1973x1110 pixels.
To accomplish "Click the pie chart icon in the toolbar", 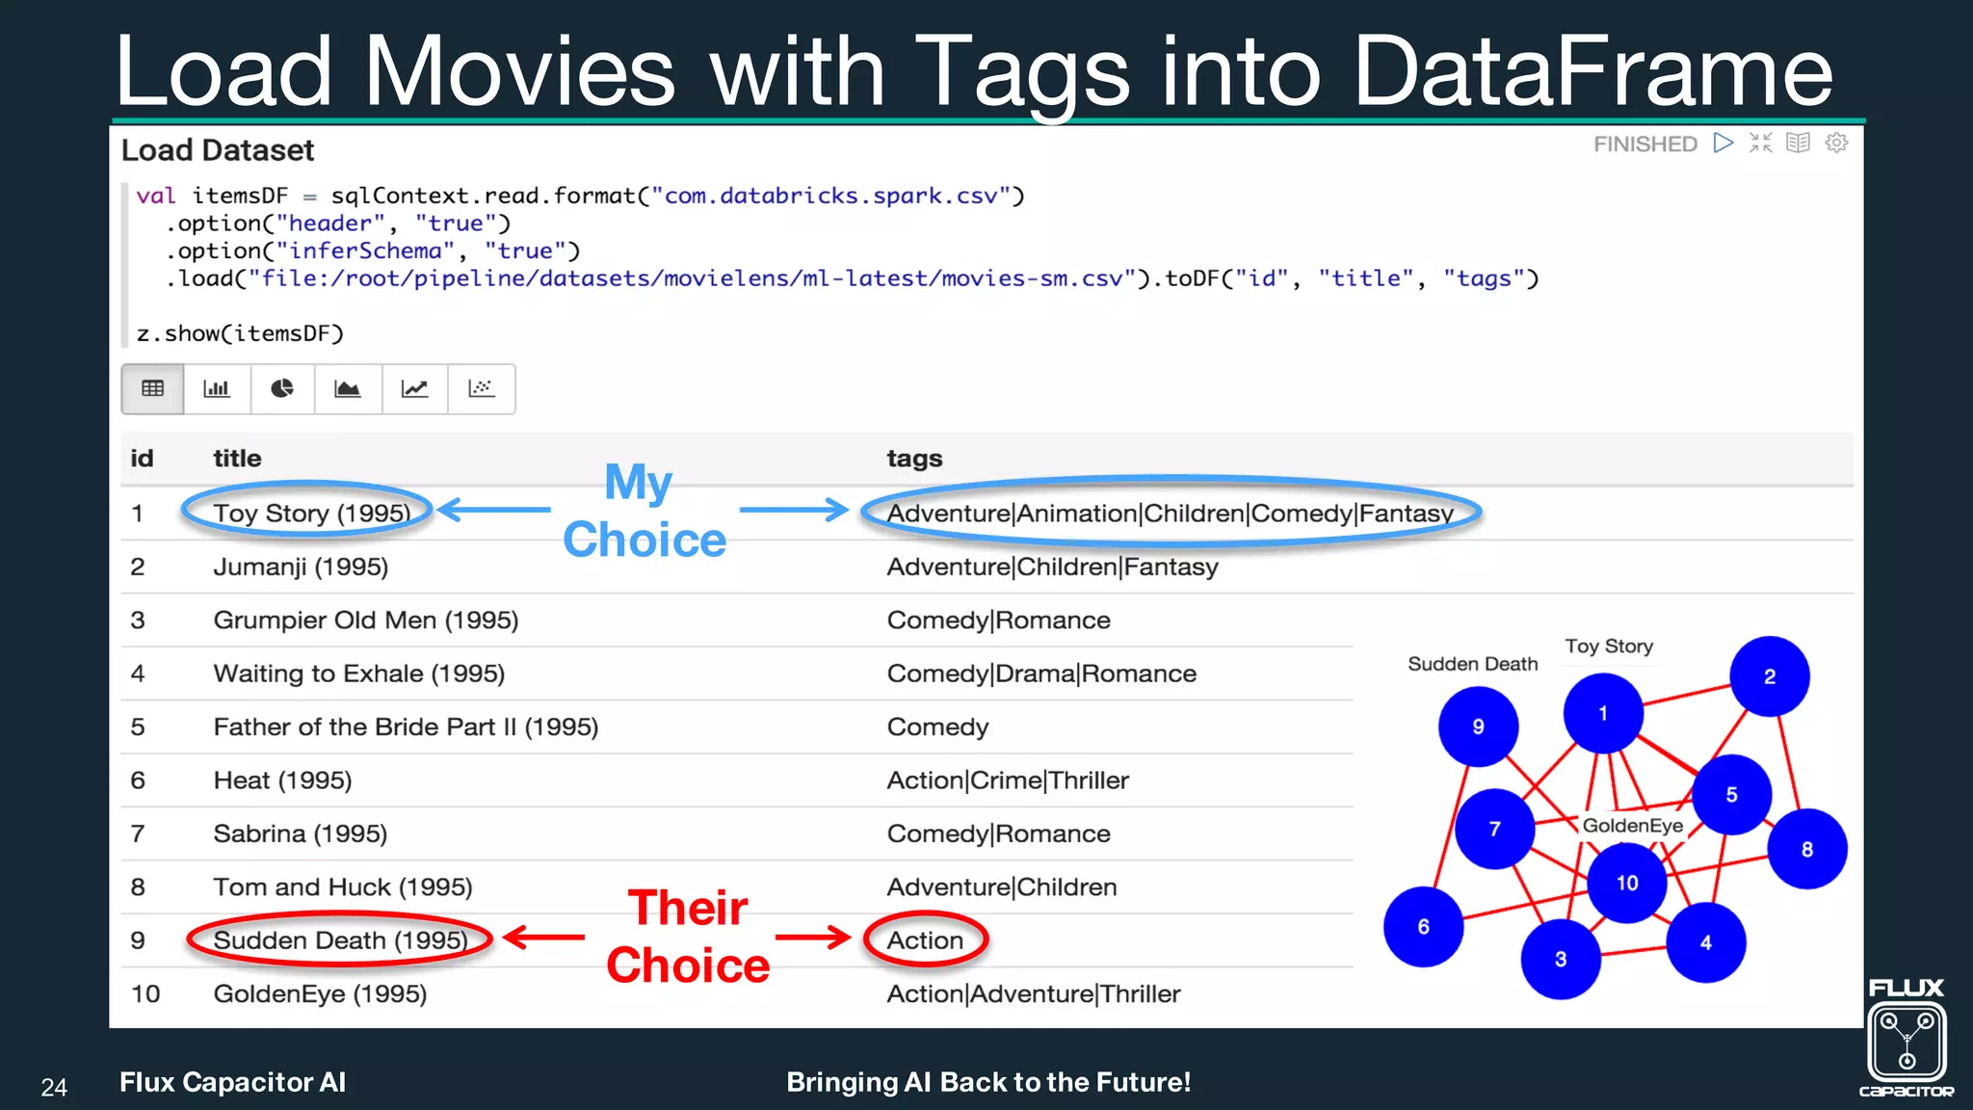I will click(282, 388).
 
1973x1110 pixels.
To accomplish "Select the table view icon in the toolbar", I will click(152, 388).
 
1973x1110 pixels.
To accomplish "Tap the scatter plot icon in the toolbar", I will click(481, 388).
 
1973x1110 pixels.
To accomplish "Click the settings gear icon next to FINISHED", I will click(1836, 143).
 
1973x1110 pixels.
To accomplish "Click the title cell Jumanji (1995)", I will click(301, 567).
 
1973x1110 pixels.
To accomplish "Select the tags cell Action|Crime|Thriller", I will click(1007, 780).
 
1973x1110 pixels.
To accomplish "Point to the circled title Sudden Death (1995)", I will click(339, 939).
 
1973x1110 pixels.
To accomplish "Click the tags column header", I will click(913, 459).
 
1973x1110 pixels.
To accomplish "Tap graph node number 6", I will click(1423, 926).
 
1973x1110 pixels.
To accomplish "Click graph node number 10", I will click(1626, 883).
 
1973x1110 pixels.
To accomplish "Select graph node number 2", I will click(1769, 676).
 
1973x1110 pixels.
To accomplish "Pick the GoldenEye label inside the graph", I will click(1632, 826).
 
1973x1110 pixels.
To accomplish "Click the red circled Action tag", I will click(925, 939).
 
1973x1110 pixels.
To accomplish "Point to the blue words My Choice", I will click(643, 511).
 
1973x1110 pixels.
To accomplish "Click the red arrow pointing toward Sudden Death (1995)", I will click(544, 937).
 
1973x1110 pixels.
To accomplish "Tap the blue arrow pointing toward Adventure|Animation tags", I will click(794, 510).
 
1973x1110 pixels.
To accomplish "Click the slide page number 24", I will click(54, 1087).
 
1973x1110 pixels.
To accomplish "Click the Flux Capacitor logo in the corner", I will click(1906, 1039).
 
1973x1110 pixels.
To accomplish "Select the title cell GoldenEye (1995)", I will click(320, 993).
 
